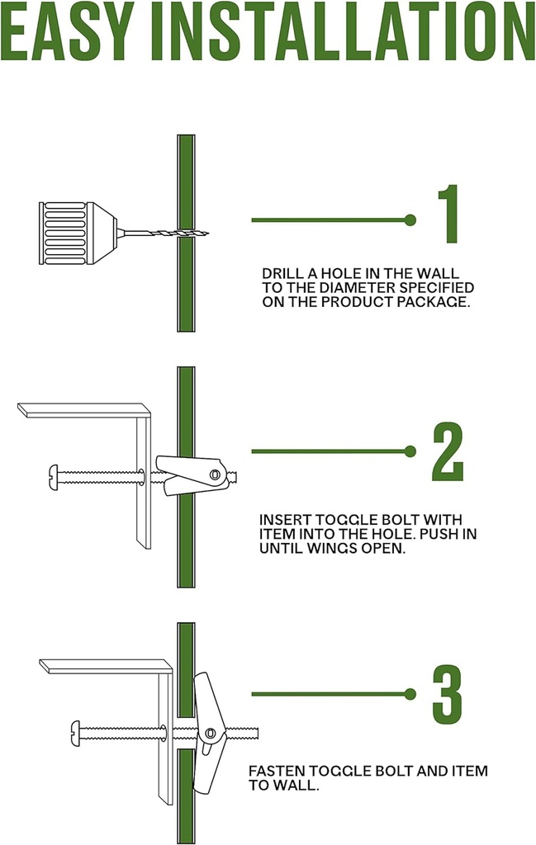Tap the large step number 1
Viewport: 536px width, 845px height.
pyautogui.click(x=448, y=214)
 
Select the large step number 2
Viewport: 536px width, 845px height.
pyautogui.click(x=448, y=451)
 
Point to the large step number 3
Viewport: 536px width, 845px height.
pyautogui.click(x=448, y=695)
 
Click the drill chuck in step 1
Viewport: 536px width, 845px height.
pyautogui.click(x=78, y=234)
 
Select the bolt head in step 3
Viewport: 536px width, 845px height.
pyautogui.click(x=75, y=734)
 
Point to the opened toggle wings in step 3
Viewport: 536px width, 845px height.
pyautogui.click(x=206, y=732)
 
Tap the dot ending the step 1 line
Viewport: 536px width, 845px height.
pyautogui.click(x=410, y=220)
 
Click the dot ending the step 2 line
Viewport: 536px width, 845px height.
pyautogui.click(x=410, y=451)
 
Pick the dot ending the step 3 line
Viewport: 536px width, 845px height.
pyautogui.click(x=410, y=694)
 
